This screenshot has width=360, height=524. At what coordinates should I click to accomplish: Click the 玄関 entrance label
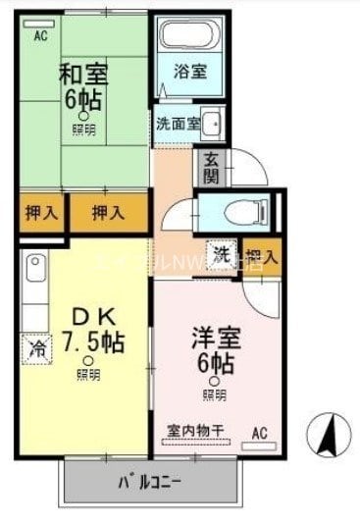(211, 169)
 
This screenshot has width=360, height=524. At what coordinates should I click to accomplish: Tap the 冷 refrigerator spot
(36, 346)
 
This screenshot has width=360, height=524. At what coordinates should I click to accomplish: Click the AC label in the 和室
(40, 36)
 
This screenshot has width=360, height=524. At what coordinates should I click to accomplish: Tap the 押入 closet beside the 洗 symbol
(262, 257)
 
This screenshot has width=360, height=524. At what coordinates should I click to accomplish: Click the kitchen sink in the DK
(34, 267)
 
